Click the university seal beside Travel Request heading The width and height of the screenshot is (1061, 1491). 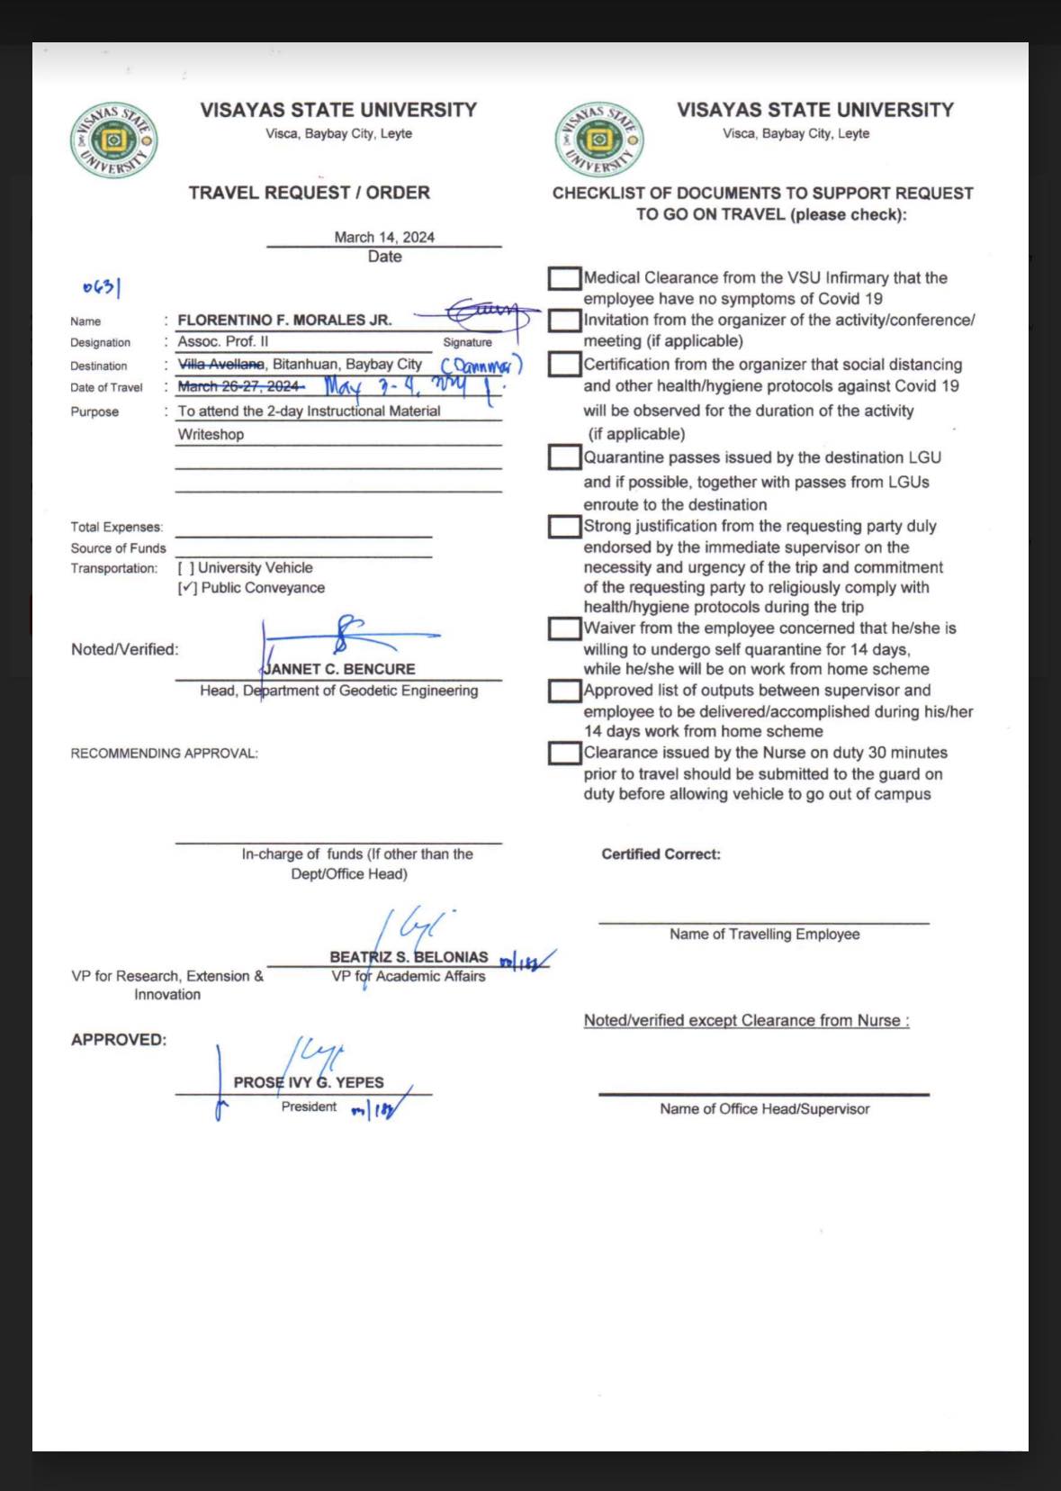(114, 141)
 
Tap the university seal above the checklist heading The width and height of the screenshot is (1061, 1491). (598, 140)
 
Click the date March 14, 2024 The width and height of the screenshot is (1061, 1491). (384, 237)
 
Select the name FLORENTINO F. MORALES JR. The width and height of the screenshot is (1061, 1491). (284, 320)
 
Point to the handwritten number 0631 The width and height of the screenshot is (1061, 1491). (102, 287)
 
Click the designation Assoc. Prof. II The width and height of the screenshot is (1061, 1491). (223, 341)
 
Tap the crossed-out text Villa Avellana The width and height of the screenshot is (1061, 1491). (221, 364)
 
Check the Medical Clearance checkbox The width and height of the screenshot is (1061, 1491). (564, 278)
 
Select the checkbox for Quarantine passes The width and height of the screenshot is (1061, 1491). (564, 457)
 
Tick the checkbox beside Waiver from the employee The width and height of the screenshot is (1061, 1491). (564, 628)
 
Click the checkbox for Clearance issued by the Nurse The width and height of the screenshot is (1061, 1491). (564, 753)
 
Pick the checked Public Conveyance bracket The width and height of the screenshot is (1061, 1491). (187, 588)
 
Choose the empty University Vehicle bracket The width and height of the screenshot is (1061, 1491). (185, 568)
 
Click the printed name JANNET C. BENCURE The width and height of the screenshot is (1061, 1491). (339, 669)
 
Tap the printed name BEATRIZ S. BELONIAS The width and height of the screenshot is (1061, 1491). (409, 957)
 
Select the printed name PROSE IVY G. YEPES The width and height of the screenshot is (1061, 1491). (309, 1082)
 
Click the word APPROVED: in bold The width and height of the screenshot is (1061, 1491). (119, 1040)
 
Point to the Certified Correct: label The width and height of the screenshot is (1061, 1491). (661, 854)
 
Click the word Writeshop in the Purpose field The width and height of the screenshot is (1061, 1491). (211, 434)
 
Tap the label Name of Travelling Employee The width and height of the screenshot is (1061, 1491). (764, 935)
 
